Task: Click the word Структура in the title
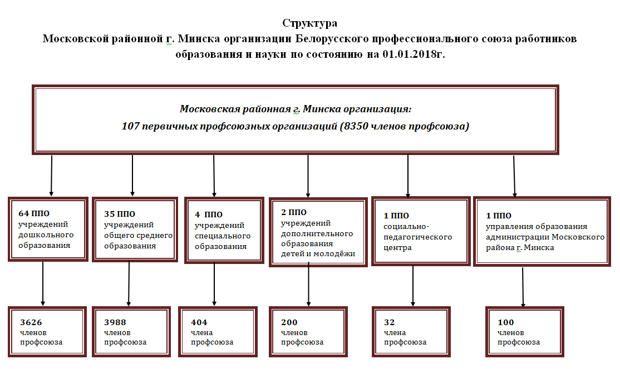(309, 24)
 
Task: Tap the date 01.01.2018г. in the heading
(414, 54)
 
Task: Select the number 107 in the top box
(130, 126)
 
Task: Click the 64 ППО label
(34, 213)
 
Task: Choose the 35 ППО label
(120, 214)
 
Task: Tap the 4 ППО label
(209, 215)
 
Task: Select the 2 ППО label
(294, 212)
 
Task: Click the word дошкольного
(46, 235)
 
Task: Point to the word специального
(223, 236)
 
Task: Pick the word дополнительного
(317, 233)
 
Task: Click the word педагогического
(417, 237)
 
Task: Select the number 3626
(31, 322)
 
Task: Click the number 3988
(115, 322)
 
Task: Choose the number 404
(199, 322)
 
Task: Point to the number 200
(289, 322)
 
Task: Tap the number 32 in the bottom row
(389, 322)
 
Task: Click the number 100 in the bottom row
(506, 322)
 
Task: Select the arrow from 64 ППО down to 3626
(43, 283)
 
